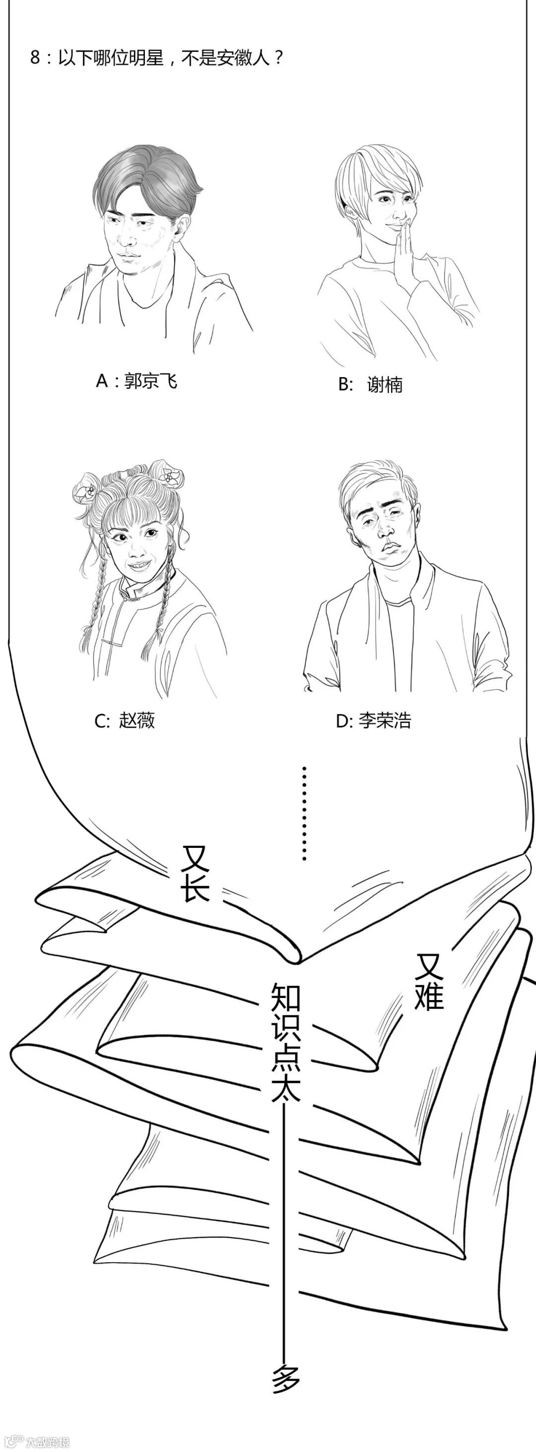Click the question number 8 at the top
click(35, 57)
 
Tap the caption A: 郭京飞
click(136, 382)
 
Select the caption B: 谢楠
click(370, 385)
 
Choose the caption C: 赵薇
click(125, 721)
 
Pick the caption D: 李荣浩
click(374, 721)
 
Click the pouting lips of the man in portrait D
click(389, 549)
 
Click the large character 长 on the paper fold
click(195, 890)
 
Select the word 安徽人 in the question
click(242, 57)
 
